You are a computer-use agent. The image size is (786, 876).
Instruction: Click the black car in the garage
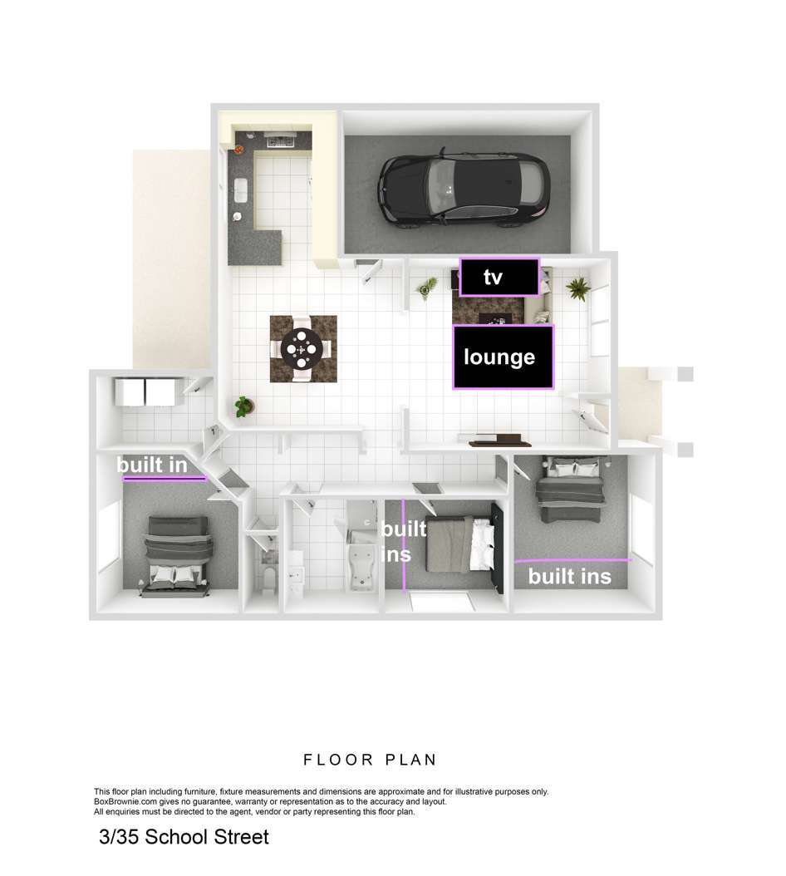(x=464, y=188)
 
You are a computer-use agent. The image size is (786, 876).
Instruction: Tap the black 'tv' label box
(x=499, y=277)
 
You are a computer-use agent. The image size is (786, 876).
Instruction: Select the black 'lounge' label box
(x=503, y=357)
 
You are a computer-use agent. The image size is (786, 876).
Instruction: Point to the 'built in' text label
(x=152, y=465)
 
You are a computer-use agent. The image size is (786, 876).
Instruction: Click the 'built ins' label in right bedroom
(x=570, y=576)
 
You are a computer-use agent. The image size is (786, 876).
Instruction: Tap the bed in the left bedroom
(x=178, y=555)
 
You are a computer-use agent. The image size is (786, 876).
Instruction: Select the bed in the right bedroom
(x=570, y=490)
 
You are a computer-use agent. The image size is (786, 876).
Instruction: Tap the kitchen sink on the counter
(x=241, y=190)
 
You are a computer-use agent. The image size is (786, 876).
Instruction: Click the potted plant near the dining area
(x=243, y=406)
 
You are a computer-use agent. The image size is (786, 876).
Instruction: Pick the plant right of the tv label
(x=577, y=289)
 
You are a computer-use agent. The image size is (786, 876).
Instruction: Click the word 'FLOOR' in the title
(x=338, y=760)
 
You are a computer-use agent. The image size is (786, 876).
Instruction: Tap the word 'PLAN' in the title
(x=410, y=760)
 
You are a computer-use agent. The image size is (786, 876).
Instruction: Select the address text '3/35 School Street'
(x=184, y=836)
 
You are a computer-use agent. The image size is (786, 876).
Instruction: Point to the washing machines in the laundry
(x=145, y=391)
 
